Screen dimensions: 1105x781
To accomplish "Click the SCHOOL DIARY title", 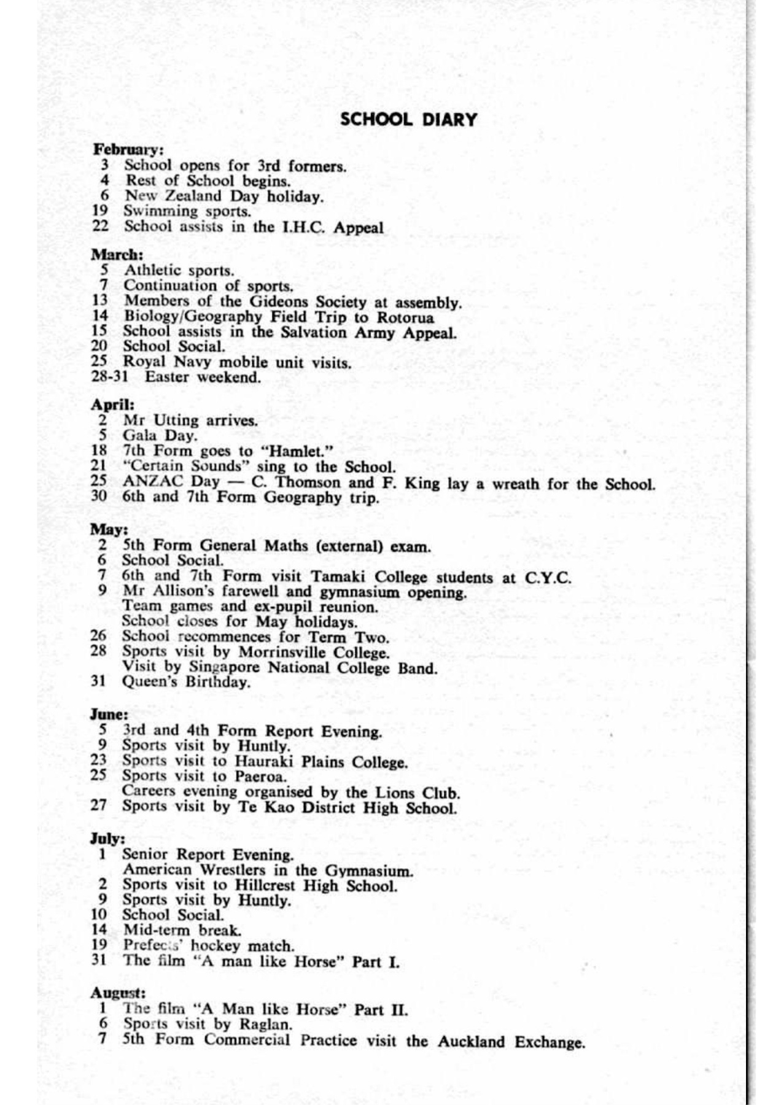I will tap(408, 119).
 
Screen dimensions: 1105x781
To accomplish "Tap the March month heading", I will tap(117, 254).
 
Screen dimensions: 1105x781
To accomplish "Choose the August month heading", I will tap(118, 993).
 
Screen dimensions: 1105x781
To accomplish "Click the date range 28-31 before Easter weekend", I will tap(109, 376).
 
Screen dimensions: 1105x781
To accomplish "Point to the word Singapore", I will tap(225, 667).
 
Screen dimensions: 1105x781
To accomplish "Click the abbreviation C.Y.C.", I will tap(548, 578).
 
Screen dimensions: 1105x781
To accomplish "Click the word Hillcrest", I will tap(265, 886).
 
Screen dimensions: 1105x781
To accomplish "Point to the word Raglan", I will tap(265, 1025).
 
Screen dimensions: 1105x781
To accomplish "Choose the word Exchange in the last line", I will tap(549, 1042).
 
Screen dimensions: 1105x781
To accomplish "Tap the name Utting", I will tap(176, 421).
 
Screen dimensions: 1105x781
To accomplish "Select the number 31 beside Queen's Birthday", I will tap(98, 681).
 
